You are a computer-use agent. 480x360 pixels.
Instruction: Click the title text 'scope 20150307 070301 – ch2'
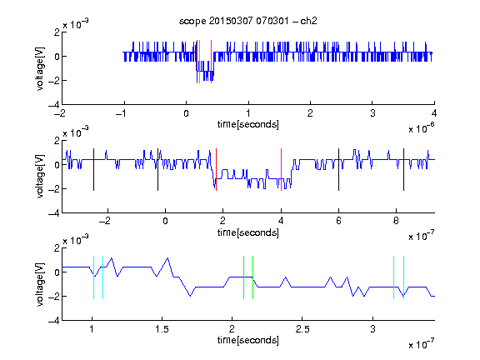click(248, 21)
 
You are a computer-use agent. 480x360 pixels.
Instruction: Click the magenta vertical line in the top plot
click(211, 62)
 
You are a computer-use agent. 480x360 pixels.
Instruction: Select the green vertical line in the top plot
click(200, 62)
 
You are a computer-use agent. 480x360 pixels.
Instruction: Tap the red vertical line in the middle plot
click(216, 170)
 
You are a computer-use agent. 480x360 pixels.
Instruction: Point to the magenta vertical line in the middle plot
click(281, 170)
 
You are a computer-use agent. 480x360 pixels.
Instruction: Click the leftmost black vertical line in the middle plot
click(93, 170)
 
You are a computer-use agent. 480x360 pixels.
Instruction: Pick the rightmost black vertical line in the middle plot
click(403, 170)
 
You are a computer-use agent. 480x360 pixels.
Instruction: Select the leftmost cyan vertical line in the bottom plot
click(93, 277)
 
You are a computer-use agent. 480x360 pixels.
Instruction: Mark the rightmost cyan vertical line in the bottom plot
click(403, 277)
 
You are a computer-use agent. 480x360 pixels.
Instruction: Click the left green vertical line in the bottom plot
click(243, 277)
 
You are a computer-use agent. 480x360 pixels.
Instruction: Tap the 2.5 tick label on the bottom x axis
click(302, 329)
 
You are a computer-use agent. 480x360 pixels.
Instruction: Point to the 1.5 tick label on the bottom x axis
click(162, 329)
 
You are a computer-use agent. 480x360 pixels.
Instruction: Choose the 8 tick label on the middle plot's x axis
click(396, 221)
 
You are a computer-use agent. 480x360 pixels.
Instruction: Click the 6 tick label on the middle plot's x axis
click(338, 221)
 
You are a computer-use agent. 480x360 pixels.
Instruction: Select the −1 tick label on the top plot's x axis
click(121, 113)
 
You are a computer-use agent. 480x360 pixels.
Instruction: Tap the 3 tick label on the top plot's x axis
click(372, 113)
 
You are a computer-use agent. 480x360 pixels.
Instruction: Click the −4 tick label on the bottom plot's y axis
click(54, 321)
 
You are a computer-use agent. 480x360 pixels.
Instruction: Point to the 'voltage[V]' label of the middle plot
click(40, 177)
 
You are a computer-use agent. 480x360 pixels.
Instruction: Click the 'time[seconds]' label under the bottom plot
click(248, 340)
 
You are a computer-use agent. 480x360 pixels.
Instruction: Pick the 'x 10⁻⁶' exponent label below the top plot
click(422, 128)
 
